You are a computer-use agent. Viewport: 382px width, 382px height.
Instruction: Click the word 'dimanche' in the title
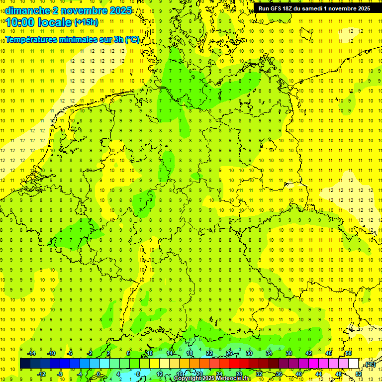coord(25,10)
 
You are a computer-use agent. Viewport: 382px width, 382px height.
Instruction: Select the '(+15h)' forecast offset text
coord(86,22)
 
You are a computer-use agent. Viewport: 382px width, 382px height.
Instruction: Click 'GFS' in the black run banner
coord(277,8)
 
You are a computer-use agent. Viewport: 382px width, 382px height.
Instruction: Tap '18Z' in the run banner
coord(290,8)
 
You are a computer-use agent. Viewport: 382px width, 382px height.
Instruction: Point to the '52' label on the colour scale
coord(359,374)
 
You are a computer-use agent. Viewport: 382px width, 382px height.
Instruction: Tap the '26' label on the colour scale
coord(229,353)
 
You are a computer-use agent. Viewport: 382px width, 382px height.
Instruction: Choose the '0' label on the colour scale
coord(98,374)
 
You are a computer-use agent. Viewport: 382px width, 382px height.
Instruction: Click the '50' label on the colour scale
coord(349,353)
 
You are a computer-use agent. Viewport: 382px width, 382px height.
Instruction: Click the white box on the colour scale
coord(354,364)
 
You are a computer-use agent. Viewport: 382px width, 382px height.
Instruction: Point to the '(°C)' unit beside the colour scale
coord(370,364)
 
